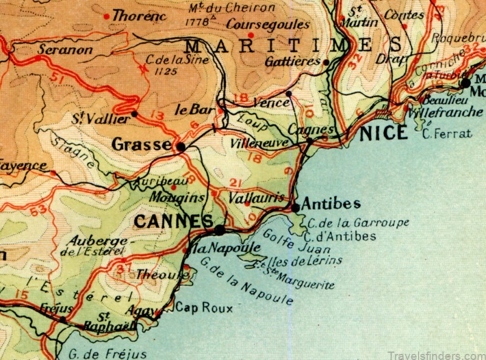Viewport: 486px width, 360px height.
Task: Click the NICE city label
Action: (x=383, y=132)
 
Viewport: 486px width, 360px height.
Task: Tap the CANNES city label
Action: (x=174, y=222)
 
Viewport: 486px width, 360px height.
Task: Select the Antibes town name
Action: (x=330, y=203)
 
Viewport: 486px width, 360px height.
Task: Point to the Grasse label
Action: (x=142, y=144)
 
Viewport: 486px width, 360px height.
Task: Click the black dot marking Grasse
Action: (x=180, y=146)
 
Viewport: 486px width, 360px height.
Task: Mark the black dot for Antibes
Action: (x=295, y=208)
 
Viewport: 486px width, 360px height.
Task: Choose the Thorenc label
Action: (x=139, y=16)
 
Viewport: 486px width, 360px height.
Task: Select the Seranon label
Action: (x=65, y=50)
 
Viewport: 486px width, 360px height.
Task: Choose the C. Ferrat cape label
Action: (x=447, y=134)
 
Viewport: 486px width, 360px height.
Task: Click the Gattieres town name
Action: (x=293, y=62)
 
